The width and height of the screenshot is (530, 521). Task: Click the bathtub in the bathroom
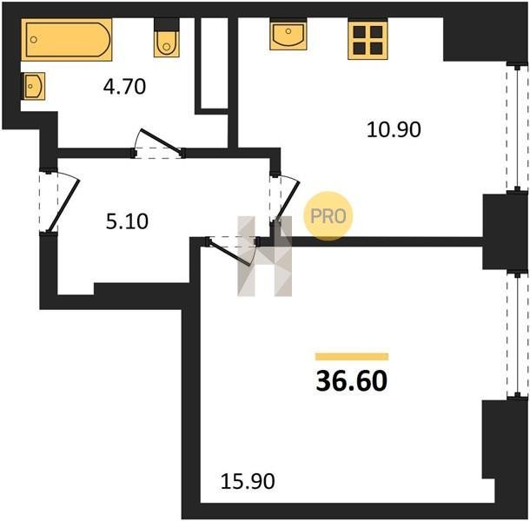click(67, 40)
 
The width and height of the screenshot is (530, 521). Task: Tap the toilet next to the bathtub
click(166, 37)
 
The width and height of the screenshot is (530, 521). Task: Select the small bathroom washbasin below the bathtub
click(33, 86)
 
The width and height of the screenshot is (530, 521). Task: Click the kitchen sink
click(288, 34)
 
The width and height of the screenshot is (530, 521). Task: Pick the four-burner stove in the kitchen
click(368, 40)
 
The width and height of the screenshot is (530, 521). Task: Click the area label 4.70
click(125, 87)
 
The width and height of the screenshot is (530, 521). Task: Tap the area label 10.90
click(394, 129)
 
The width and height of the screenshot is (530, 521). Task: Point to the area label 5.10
click(127, 221)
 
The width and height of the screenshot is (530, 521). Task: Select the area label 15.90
click(248, 481)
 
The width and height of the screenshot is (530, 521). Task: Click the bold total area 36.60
click(352, 380)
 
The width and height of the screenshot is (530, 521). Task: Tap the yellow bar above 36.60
click(352, 357)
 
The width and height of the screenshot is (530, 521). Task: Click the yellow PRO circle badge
click(328, 216)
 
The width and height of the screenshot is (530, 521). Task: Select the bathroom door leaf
click(162, 142)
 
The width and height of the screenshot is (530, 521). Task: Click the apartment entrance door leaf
click(63, 205)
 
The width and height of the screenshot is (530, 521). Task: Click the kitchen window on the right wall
click(517, 129)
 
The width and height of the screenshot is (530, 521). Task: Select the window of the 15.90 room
click(517, 335)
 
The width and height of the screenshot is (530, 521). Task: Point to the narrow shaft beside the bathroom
click(215, 63)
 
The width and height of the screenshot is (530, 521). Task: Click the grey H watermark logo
click(265, 256)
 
